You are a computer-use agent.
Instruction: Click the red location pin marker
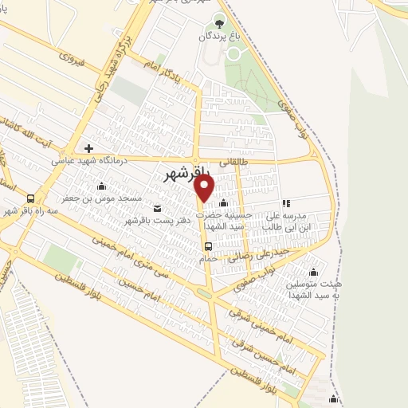tap(205, 189)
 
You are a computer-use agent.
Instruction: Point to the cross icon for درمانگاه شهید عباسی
tap(88, 148)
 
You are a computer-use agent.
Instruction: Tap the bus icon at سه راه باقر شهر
tap(30, 198)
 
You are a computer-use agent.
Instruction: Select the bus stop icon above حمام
tap(207, 246)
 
